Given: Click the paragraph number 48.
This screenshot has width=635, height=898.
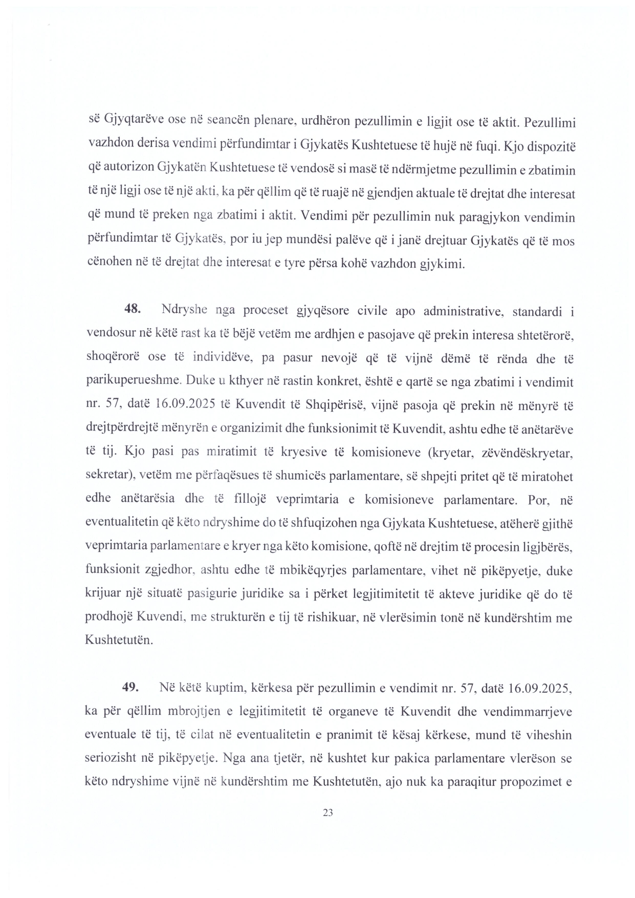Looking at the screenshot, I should [x=132, y=310].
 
